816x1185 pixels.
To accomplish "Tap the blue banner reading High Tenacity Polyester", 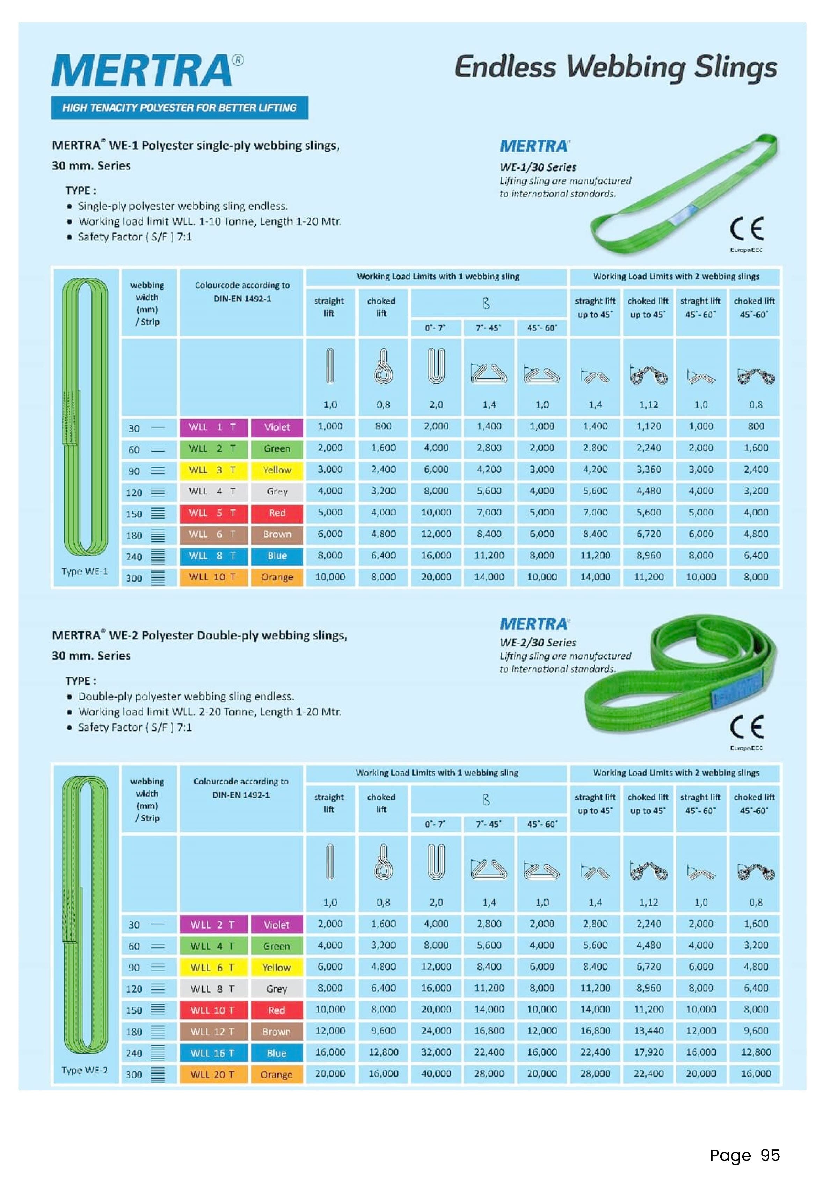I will (x=180, y=108).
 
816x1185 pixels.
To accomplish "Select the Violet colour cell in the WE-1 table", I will (x=277, y=427).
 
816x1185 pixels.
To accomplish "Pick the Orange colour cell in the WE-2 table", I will (x=277, y=1075).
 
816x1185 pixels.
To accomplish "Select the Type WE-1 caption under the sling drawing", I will (x=85, y=572).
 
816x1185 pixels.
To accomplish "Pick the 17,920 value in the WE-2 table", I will (x=648, y=1052).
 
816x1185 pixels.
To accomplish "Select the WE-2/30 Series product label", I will (x=538, y=642).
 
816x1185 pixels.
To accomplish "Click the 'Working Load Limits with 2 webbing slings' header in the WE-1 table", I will (x=675, y=277).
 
